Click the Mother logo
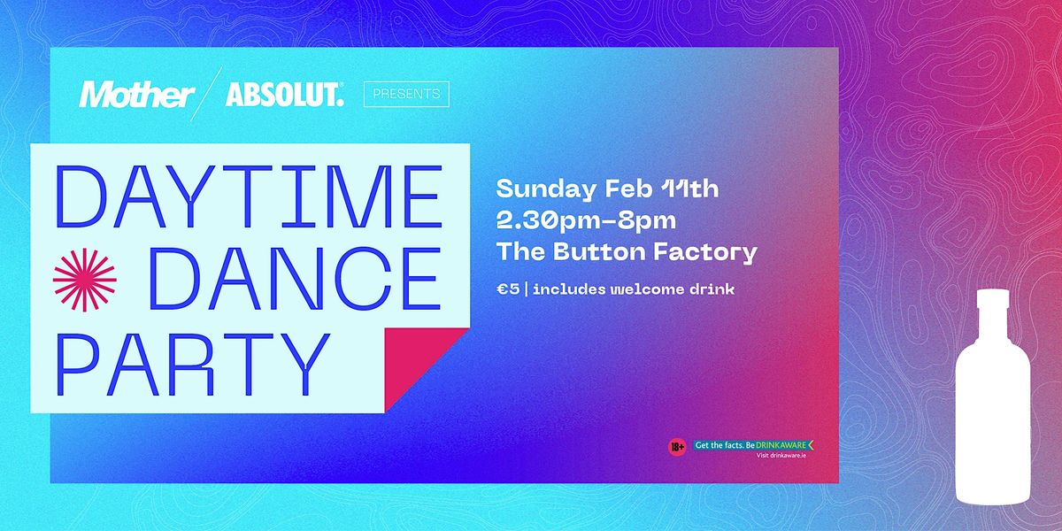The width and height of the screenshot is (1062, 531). (136, 95)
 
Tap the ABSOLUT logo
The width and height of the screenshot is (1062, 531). (284, 95)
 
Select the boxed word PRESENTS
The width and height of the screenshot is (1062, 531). (406, 94)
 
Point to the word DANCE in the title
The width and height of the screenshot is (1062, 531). (295, 280)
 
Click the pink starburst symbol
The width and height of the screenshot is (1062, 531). (85, 280)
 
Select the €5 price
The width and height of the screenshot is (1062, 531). (507, 289)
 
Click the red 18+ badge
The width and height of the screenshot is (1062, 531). (677, 447)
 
